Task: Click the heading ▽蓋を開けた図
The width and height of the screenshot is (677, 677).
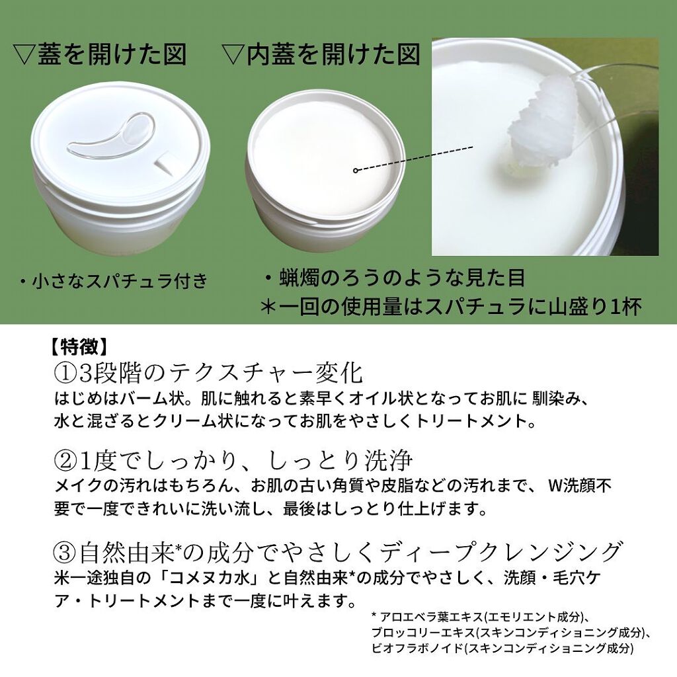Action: tap(100, 54)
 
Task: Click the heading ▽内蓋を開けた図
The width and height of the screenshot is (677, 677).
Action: tap(322, 54)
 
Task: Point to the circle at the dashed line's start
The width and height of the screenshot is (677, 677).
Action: tap(356, 171)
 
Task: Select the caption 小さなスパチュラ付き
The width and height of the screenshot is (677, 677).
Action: tap(113, 282)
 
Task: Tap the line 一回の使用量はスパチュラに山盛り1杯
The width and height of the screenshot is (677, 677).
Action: tap(452, 307)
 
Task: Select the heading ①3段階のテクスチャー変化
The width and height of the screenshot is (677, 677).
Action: tap(208, 373)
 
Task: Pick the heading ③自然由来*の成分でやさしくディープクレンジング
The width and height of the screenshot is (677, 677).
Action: tap(337, 551)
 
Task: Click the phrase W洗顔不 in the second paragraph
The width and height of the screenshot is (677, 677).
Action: tap(580, 486)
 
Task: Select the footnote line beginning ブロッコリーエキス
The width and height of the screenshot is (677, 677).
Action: tap(511, 633)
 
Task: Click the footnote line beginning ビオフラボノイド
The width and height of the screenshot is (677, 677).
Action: tap(502, 649)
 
